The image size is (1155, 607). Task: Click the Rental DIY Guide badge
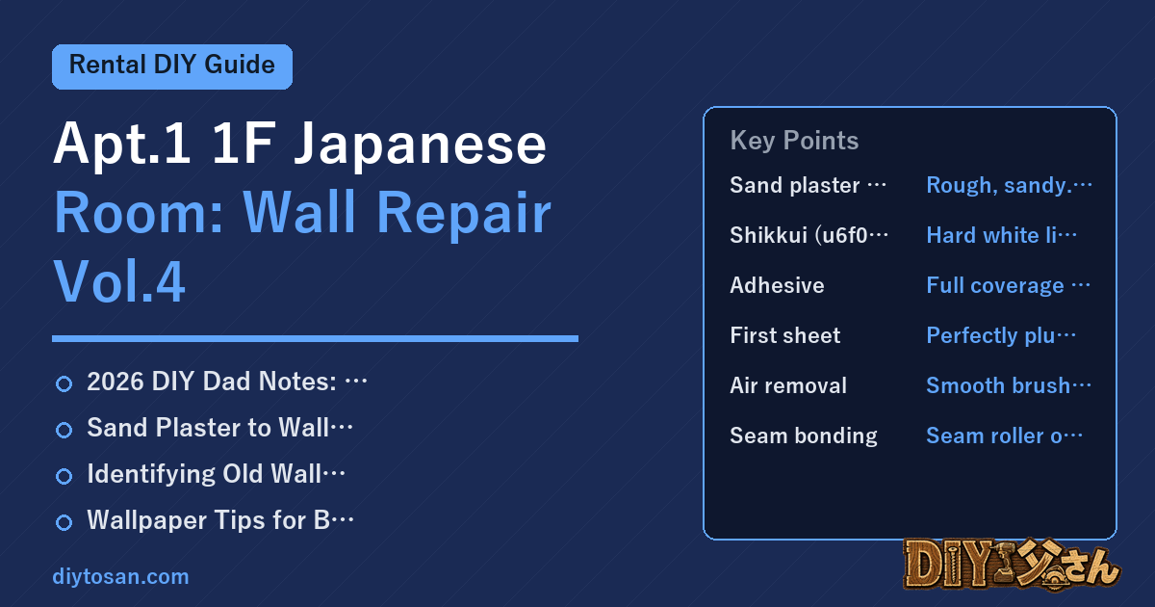pos(172,66)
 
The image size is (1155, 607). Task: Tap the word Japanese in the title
pos(420,145)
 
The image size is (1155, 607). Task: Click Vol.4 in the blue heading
pos(119,281)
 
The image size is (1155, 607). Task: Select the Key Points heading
pos(794,141)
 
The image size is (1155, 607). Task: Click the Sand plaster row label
pos(808,185)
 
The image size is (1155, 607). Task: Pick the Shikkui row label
pos(809,235)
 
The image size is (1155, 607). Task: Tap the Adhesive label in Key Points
pos(777,285)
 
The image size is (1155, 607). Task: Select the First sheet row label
pos(785,335)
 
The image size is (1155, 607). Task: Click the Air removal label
pos(788,385)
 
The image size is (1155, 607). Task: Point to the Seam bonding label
pos(804,436)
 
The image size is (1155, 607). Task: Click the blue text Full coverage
pos(1008,285)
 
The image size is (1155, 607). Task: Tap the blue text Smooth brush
pos(1009,385)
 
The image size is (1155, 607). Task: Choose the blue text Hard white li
pos(1001,235)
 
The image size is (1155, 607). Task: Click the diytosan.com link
pos(120,576)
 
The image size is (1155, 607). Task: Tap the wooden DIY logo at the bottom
pos(1012,565)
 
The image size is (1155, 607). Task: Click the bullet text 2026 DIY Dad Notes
pos(227,382)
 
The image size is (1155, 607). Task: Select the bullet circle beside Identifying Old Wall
pos(64,476)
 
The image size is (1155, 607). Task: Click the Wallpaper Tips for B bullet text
pos(220,520)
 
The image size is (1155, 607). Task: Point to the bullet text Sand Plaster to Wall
pos(219,428)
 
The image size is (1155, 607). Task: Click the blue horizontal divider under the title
pos(315,338)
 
